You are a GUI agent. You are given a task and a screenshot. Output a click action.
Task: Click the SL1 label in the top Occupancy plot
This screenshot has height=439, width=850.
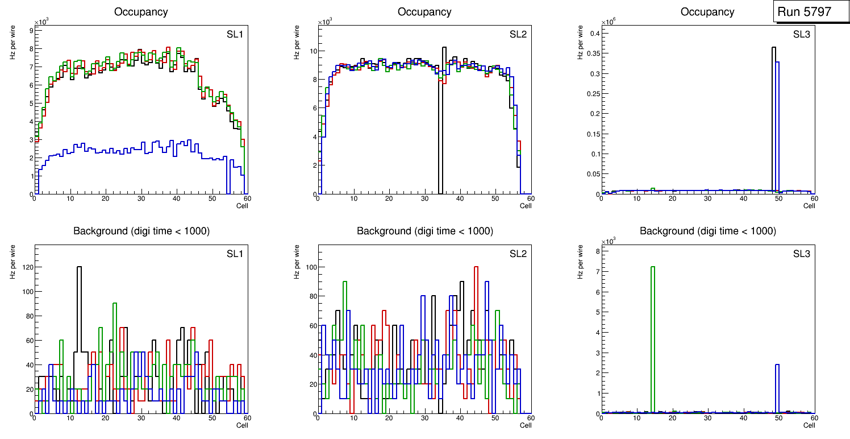[235, 34]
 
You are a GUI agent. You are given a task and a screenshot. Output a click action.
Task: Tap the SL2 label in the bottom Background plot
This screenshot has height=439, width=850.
[518, 253]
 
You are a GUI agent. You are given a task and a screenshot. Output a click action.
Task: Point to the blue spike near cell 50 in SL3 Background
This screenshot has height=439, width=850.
[777, 387]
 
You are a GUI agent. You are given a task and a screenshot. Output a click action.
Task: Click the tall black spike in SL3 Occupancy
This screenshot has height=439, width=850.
[773, 114]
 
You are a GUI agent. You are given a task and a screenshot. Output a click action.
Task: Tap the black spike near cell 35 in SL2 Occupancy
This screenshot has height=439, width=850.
[444, 114]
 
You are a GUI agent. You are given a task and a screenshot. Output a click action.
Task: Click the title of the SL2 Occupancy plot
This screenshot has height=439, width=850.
[424, 12]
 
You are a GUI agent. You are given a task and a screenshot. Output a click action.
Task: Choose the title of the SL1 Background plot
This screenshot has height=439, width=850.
[141, 231]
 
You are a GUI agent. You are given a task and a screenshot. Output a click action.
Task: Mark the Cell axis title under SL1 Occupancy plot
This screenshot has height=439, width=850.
[242, 206]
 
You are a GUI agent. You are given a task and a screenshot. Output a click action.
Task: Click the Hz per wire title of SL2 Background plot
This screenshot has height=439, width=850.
[296, 261]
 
